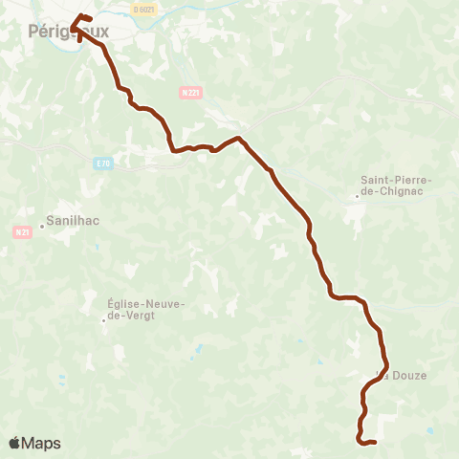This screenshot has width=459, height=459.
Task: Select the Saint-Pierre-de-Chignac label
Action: [x=397, y=186]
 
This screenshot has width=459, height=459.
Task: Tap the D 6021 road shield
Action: [x=144, y=10]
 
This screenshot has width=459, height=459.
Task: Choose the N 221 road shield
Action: [x=189, y=93]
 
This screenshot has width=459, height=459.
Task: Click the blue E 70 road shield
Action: [x=103, y=164]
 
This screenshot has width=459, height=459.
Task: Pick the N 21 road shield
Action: [x=23, y=231]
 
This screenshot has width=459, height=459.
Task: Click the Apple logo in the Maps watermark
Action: [x=15, y=443]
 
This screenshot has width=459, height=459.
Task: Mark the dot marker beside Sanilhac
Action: [x=42, y=227]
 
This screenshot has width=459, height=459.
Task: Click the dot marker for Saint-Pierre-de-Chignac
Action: [x=357, y=197]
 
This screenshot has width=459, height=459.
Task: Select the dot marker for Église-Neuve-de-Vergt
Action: [x=104, y=320]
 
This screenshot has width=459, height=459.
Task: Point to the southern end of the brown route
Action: [x=374, y=442]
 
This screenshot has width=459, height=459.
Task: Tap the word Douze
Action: [x=409, y=375]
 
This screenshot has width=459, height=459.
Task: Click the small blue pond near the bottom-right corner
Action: [x=429, y=431]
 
